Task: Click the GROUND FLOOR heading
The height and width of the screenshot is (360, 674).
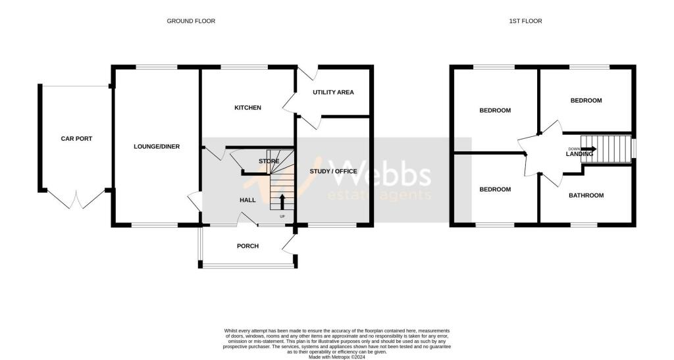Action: click(191, 20)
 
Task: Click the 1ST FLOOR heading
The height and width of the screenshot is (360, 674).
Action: click(525, 20)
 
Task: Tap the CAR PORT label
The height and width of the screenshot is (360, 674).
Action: click(76, 138)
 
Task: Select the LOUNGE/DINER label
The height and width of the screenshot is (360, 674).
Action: click(157, 147)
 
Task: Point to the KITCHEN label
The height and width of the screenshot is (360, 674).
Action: click(247, 107)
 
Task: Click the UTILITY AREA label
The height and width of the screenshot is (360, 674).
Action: click(333, 92)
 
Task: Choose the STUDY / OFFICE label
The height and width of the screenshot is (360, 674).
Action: click(334, 171)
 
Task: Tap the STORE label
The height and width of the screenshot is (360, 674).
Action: click(269, 161)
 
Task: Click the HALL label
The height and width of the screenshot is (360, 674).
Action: click(247, 200)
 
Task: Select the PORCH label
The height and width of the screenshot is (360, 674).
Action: click(247, 245)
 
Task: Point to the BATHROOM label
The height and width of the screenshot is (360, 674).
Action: click(586, 195)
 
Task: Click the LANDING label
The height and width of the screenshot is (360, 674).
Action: click(579, 154)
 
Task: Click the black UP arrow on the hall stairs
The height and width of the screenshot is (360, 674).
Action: click(282, 201)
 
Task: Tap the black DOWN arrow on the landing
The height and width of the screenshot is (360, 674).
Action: click(588, 149)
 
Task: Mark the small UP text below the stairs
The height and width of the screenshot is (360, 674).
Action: click(282, 216)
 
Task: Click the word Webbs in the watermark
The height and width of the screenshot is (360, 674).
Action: click(380, 174)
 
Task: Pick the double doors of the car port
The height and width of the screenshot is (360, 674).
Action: click(76, 199)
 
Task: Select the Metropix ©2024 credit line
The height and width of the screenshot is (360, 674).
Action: click(337, 357)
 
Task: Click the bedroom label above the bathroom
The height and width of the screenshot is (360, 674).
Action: click(586, 100)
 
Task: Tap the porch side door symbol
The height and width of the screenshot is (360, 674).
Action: click(288, 245)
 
